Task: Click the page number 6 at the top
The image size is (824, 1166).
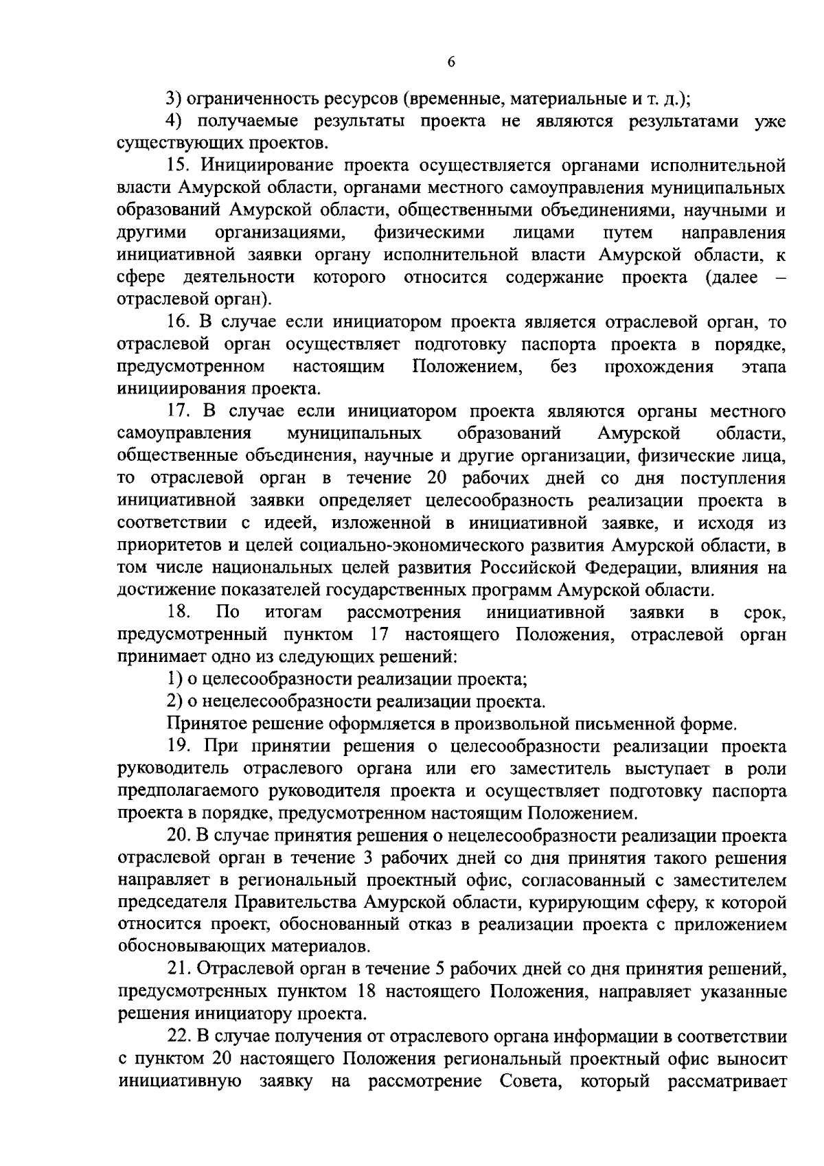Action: [x=451, y=62]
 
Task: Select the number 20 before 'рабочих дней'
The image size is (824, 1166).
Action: [x=437, y=478]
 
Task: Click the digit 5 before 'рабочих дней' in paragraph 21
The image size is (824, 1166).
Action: [x=440, y=969]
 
